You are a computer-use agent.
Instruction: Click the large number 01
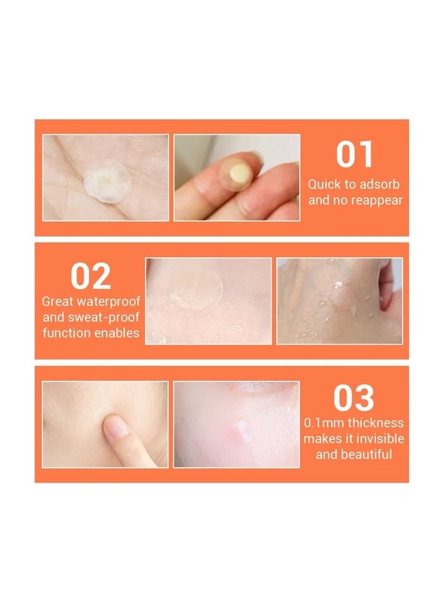355,155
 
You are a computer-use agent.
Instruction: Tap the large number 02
91,276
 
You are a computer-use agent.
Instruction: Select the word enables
118,332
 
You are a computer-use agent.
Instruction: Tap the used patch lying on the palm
103,180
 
